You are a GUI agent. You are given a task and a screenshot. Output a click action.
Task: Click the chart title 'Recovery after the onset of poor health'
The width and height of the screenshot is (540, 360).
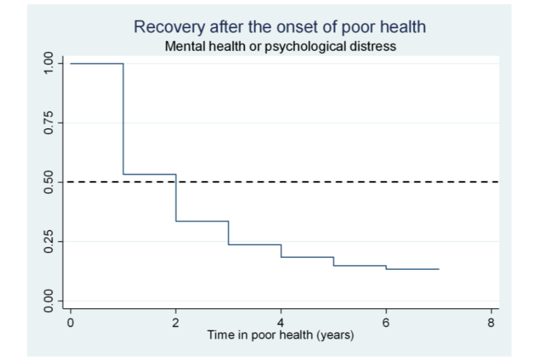(x=280, y=26)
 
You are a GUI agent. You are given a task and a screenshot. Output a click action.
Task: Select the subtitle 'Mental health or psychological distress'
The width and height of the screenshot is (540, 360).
(x=280, y=46)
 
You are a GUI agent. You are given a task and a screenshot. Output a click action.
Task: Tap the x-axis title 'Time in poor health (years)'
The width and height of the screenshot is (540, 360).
(x=280, y=335)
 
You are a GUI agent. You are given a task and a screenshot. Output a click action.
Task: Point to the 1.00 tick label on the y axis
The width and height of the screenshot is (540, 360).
(x=49, y=64)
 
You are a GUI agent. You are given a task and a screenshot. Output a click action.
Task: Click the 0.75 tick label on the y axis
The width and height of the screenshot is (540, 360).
(x=49, y=123)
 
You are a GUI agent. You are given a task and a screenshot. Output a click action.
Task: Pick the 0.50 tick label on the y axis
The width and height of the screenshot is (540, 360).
(x=49, y=182)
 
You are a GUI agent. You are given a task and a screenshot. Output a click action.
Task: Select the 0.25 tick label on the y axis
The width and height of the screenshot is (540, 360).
(x=49, y=241)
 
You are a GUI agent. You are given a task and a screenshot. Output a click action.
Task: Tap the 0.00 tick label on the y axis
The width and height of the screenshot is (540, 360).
(x=49, y=300)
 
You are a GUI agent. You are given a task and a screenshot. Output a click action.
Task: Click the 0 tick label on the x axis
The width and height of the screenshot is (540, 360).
(x=70, y=323)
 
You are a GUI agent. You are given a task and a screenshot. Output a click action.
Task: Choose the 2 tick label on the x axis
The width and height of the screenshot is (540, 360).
(x=175, y=323)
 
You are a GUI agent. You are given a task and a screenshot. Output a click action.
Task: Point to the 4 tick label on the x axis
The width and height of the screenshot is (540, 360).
(x=281, y=323)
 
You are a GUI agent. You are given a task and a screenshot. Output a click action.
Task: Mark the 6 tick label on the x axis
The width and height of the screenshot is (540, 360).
(x=386, y=323)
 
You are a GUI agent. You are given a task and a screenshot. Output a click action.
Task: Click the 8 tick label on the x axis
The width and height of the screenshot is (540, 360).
(x=491, y=323)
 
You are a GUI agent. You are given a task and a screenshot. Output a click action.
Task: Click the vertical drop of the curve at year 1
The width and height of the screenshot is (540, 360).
(x=123, y=118)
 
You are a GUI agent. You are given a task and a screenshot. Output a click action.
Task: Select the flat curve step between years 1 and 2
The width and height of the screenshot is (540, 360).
(x=150, y=174)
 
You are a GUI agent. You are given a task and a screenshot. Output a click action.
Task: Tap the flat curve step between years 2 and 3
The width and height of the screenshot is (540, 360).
(x=202, y=221)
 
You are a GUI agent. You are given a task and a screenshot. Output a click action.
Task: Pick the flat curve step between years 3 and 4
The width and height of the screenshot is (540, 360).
(x=255, y=245)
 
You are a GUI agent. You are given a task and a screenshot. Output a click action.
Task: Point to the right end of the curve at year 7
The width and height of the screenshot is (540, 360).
(x=438, y=269)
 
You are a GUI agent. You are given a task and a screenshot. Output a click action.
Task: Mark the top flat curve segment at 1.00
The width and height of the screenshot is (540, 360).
(x=97, y=64)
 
